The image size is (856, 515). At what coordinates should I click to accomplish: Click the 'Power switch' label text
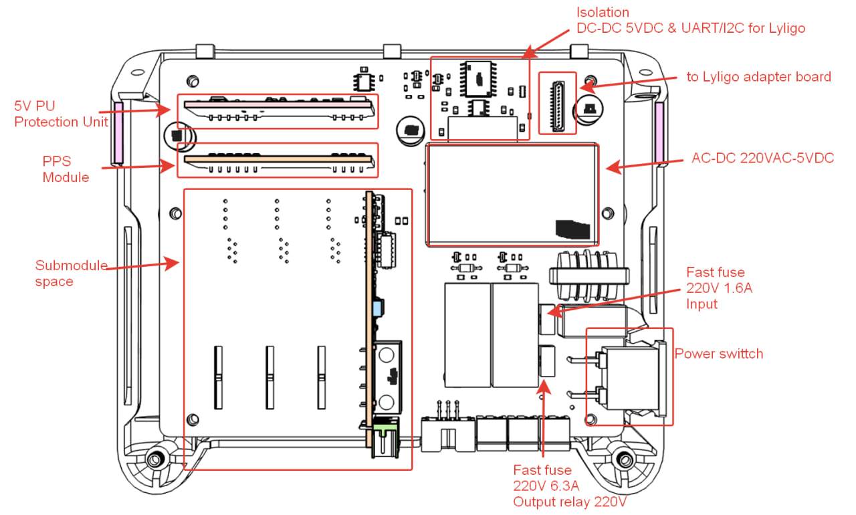[x=718, y=354]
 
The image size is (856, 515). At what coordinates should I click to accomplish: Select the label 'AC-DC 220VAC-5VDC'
[x=762, y=160]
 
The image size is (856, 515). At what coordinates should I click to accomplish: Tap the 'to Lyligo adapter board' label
[x=758, y=77]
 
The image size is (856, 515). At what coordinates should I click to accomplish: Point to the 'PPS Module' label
[x=66, y=169]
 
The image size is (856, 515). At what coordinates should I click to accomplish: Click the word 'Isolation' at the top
[x=604, y=13]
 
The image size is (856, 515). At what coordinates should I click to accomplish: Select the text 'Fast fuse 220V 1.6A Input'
[x=715, y=288]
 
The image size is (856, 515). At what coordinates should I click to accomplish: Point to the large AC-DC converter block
[x=512, y=195]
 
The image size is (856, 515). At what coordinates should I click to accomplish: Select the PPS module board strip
[x=278, y=161]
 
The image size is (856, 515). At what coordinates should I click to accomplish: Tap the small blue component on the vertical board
[x=377, y=308]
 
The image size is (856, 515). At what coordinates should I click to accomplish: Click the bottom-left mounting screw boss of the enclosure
[x=156, y=460]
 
